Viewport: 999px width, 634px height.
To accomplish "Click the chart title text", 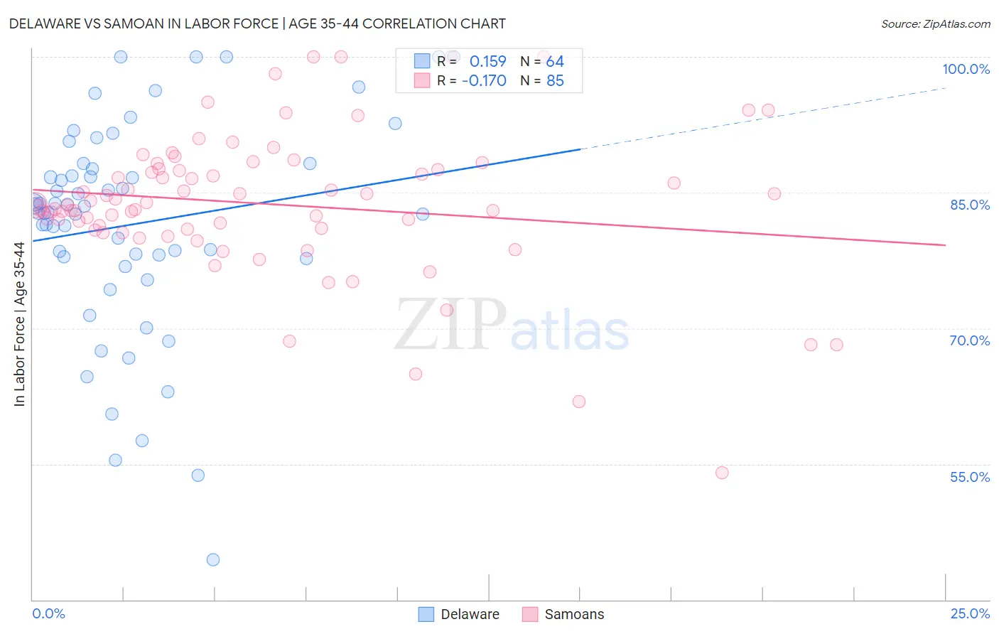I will tap(257, 23).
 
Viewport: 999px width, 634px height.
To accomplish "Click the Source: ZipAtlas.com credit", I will tap(935, 23).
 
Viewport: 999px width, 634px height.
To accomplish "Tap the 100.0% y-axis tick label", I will tap(966, 69).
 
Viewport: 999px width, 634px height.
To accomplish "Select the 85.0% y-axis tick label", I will tap(969, 205).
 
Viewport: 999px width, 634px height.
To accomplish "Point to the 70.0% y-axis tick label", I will tap(969, 340).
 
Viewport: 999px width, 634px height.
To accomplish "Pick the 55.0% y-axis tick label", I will tap(969, 477).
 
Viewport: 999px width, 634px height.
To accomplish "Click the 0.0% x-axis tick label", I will tap(48, 613).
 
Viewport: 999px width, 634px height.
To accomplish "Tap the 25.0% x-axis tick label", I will tap(969, 613).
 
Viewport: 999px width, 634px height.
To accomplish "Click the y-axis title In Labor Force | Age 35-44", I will tap(19, 324).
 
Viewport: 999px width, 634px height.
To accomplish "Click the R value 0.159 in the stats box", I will tap(487, 62).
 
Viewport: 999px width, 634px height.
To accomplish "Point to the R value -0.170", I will tap(484, 81).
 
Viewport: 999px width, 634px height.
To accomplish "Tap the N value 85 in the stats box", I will tap(555, 81).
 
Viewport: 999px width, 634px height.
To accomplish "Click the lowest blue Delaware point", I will tap(213, 559).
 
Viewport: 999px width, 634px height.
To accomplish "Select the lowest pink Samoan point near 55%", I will tap(722, 473).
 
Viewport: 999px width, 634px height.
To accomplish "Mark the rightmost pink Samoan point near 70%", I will tap(836, 345).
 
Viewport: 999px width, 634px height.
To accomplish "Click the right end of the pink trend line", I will tap(945, 245).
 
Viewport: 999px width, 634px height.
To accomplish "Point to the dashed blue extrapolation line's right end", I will tap(945, 88).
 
